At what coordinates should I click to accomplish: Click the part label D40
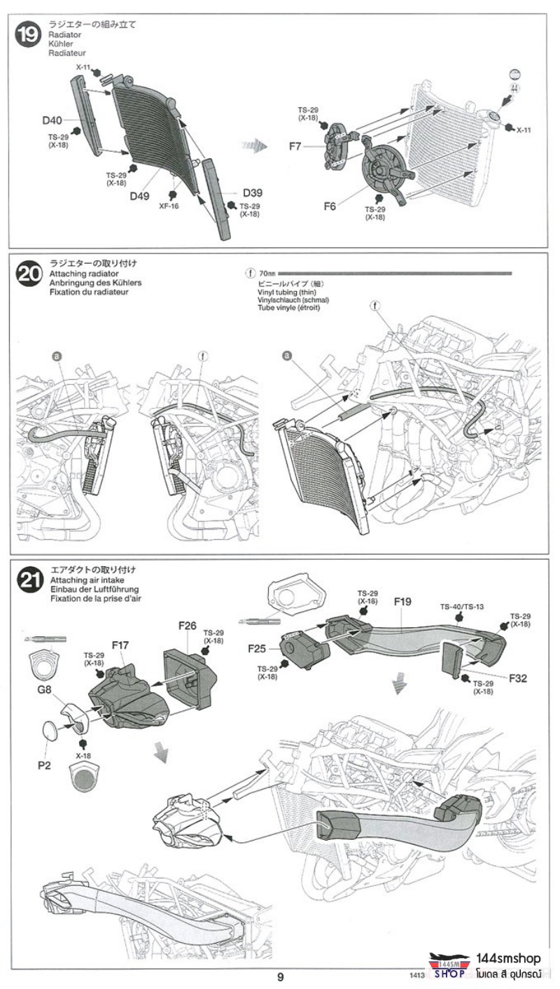click(x=52, y=120)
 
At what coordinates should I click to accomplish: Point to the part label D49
click(x=139, y=196)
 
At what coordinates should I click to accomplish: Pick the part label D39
click(x=253, y=192)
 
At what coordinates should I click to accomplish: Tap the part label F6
click(x=330, y=206)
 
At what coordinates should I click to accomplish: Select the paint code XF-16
click(x=169, y=206)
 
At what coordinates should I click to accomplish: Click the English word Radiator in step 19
click(x=65, y=34)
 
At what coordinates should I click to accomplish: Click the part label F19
click(x=402, y=601)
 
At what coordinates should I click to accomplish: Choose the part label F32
click(x=519, y=678)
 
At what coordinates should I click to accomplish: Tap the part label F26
click(x=187, y=625)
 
